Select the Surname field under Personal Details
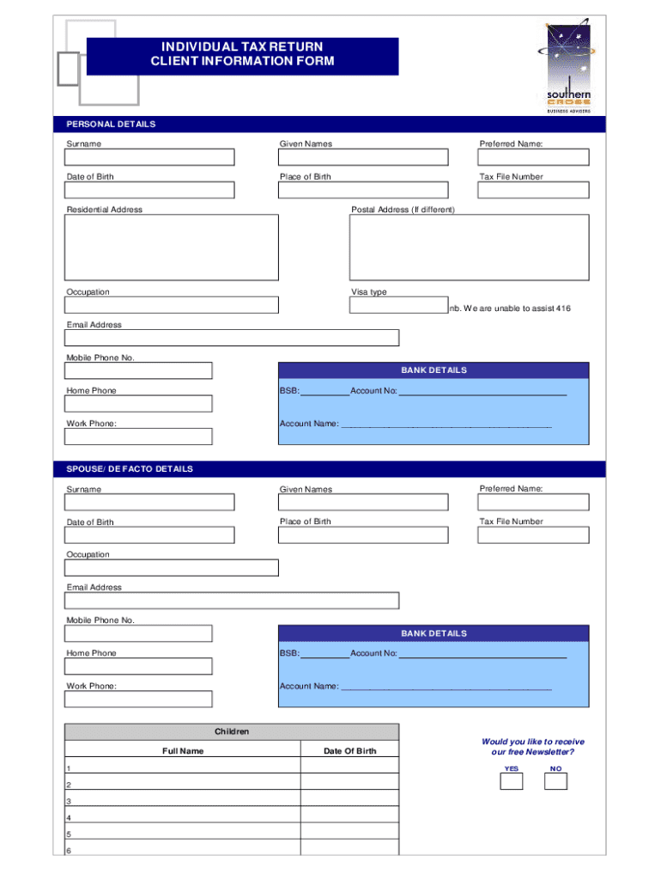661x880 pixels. tap(149, 157)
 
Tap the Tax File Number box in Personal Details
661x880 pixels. tap(533, 190)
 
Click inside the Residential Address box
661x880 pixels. tap(172, 247)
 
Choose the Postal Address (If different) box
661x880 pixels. tap(469, 247)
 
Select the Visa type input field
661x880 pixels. tap(398, 305)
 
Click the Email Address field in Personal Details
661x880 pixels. tap(232, 338)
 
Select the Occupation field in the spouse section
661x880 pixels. tap(172, 568)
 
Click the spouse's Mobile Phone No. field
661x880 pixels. tap(138, 633)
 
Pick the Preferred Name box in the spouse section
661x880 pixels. tap(533, 502)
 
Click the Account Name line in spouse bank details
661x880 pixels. tap(446, 687)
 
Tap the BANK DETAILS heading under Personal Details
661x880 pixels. tap(434, 370)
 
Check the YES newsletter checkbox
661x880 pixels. tap(511, 781)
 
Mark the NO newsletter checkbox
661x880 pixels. tap(555, 781)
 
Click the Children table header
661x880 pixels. tap(232, 731)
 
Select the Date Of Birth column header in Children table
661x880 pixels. tap(349, 751)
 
